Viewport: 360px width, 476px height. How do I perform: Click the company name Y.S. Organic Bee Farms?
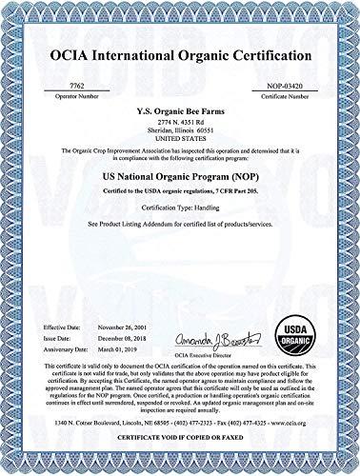(180, 109)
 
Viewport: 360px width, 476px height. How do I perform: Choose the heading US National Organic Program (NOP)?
(180, 178)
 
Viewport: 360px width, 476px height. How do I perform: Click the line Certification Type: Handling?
(180, 208)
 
